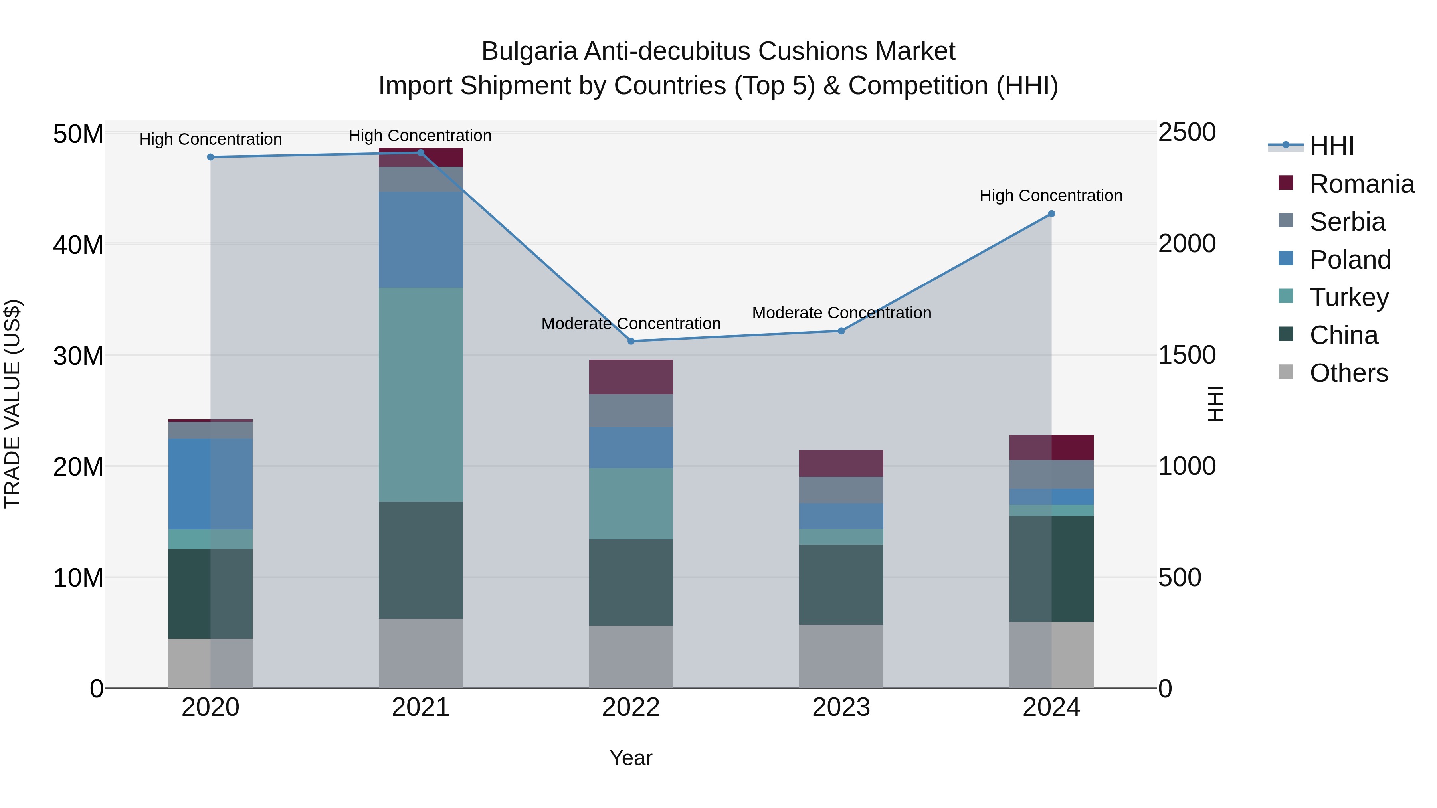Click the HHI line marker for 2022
631,341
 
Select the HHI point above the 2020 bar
210,157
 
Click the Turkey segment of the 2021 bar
421,394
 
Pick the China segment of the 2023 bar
841,585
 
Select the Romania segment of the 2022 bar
631,377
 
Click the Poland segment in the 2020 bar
210,484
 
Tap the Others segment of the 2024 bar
1051,655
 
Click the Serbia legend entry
1347,222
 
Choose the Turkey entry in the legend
1348,297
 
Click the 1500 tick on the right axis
1187,355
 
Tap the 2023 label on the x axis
841,707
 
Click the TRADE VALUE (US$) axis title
12,404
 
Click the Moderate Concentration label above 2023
841,313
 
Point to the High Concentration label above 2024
1051,196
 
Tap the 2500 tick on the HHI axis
1187,133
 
